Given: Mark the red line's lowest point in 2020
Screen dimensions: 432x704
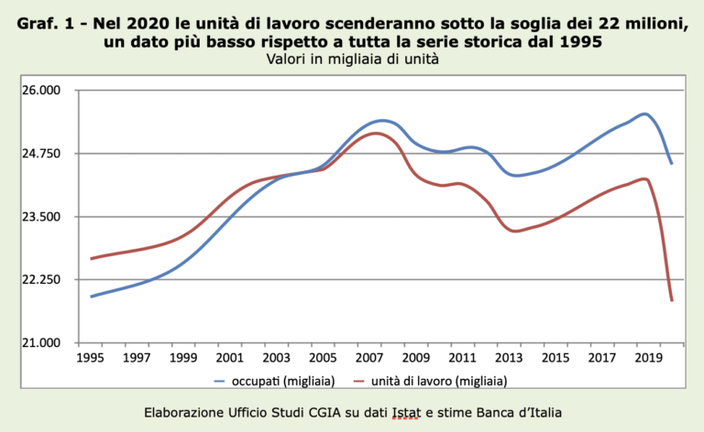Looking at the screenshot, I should click(x=672, y=300).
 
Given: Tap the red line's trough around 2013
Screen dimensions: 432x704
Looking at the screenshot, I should click(x=517, y=231).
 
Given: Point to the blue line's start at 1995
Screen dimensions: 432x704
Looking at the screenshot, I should click(x=92, y=297).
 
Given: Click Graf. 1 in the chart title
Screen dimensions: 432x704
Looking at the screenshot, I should click(x=47, y=25).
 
